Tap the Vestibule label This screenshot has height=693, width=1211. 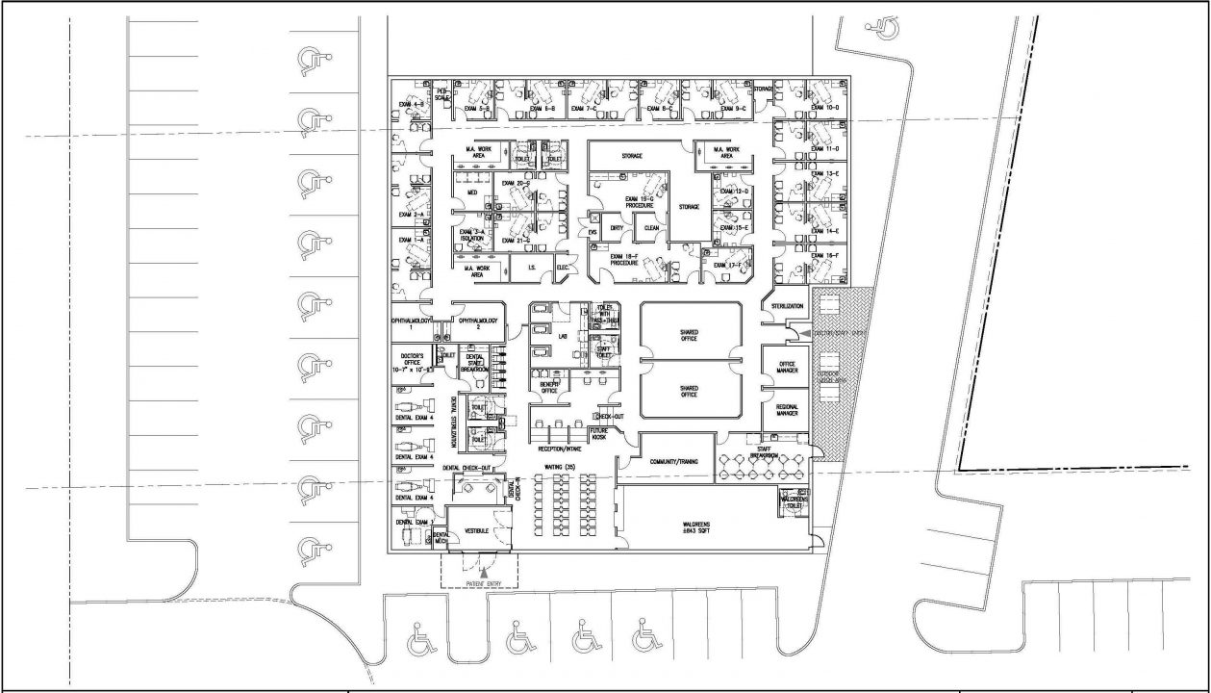478,529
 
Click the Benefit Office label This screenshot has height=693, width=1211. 550,387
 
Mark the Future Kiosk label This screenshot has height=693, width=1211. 599,433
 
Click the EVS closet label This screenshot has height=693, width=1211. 593,231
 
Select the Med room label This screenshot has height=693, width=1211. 471,192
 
